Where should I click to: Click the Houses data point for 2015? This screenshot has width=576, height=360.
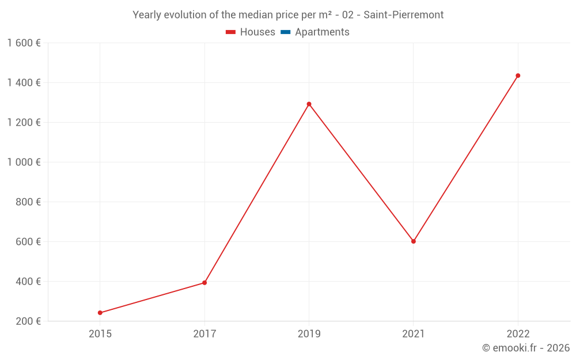(x=100, y=313)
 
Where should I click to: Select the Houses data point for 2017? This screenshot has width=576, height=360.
(x=204, y=283)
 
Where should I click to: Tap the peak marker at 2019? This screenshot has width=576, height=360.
(x=309, y=104)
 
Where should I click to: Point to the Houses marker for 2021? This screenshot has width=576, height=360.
(x=414, y=241)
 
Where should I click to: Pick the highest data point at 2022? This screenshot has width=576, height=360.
(x=518, y=75)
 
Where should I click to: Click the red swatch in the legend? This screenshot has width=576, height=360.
(x=231, y=32)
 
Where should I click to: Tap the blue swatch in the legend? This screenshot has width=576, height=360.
(x=285, y=32)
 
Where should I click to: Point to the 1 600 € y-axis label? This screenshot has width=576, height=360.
(x=24, y=43)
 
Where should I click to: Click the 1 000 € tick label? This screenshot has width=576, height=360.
(x=24, y=162)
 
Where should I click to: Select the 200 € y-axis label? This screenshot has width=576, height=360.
(x=28, y=321)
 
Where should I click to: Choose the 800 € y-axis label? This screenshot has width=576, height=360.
(x=28, y=202)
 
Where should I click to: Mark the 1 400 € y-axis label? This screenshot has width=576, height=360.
(x=24, y=83)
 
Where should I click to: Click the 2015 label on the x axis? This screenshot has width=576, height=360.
(x=100, y=334)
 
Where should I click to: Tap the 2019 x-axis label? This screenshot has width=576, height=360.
(x=309, y=334)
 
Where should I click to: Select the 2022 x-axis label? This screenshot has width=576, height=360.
(x=518, y=334)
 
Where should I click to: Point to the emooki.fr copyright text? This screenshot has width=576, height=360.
(x=526, y=348)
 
